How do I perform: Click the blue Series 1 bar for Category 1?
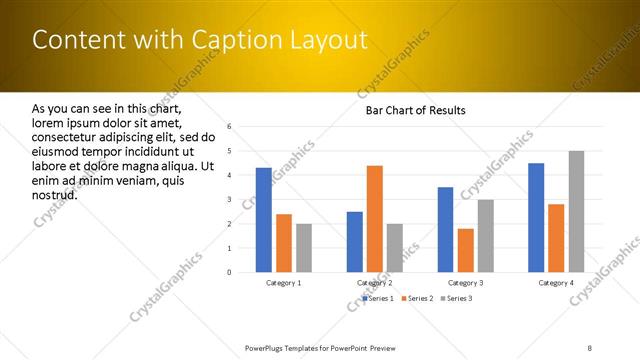click(x=263, y=220)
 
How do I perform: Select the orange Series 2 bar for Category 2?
click(x=375, y=219)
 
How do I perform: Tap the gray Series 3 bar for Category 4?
click(x=576, y=212)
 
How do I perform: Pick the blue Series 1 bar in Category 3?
click(x=445, y=230)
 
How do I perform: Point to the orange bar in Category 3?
click(x=466, y=250)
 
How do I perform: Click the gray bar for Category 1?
click(x=304, y=248)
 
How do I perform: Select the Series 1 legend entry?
click(x=378, y=298)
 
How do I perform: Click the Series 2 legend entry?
click(x=417, y=298)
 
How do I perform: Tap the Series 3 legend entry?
click(x=456, y=298)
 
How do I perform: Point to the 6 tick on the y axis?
click(x=229, y=127)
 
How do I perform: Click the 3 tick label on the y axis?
click(x=229, y=199)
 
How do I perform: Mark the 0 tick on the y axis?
click(x=229, y=272)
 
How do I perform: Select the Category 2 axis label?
click(x=375, y=283)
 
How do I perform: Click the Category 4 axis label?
click(x=556, y=283)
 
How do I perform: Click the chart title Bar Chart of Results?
click(x=415, y=110)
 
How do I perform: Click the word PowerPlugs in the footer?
click(x=266, y=347)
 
